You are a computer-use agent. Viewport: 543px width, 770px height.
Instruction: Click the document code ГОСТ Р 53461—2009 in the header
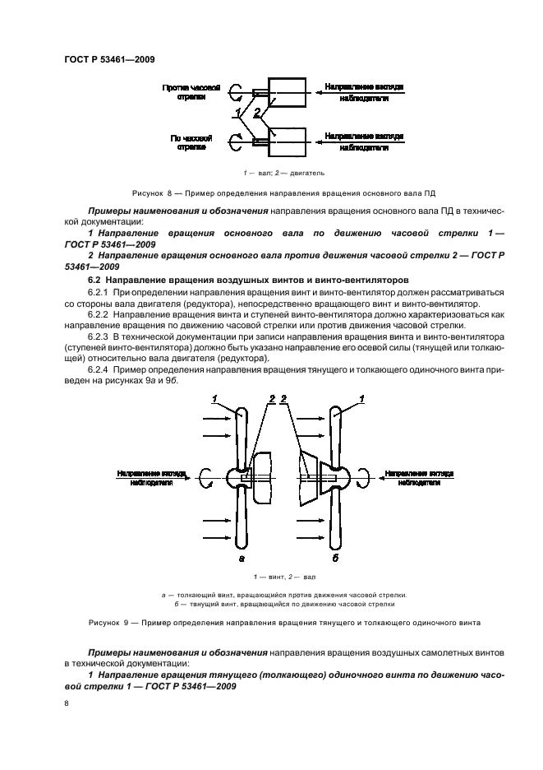click(109, 58)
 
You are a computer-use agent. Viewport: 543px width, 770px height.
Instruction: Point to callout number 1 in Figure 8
click(238, 112)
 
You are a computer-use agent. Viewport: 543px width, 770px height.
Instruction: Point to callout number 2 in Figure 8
click(257, 112)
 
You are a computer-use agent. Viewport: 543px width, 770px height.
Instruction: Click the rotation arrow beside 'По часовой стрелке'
click(235, 142)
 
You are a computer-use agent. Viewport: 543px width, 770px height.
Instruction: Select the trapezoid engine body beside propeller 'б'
click(310, 478)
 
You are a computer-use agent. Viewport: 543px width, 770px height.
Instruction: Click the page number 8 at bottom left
click(67, 704)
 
